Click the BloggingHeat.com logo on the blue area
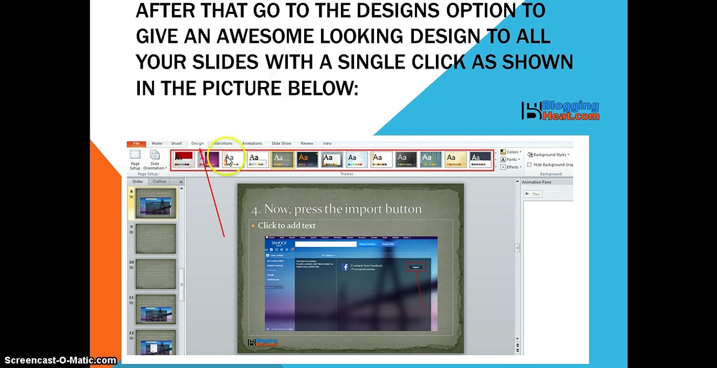(560, 110)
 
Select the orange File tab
(136, 144)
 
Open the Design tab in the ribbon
(197, 144)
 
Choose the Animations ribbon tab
(252, 144)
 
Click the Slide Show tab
(281, 144)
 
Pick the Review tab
(307, 144)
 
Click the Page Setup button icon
(135, 155)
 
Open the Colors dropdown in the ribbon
(511, 152)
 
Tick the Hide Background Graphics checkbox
(530, 165)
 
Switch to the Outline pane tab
(159, 181)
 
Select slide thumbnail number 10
(156, 274)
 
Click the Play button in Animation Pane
(532, 194)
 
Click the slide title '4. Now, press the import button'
(336, 209)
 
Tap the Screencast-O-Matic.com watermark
(59, 361)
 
